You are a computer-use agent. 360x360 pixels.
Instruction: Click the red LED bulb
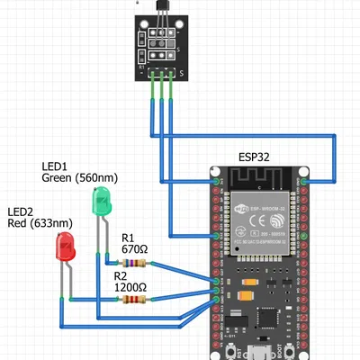[65, 246]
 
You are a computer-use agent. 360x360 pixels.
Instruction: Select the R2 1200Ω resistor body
[131, 301]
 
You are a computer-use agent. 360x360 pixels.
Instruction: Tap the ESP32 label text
[256, 157]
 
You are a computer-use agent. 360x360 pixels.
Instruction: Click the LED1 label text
[56, 166]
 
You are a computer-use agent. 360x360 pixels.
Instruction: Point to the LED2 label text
[21, 211]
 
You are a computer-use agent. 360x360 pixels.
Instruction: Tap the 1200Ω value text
[131, 288]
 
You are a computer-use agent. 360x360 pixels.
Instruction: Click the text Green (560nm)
[79, 178]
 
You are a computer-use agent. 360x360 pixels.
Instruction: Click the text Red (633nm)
[40, 222]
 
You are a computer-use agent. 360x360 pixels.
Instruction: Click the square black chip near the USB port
[268, 319]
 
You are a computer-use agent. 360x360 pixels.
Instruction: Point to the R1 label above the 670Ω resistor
[128, 238]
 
